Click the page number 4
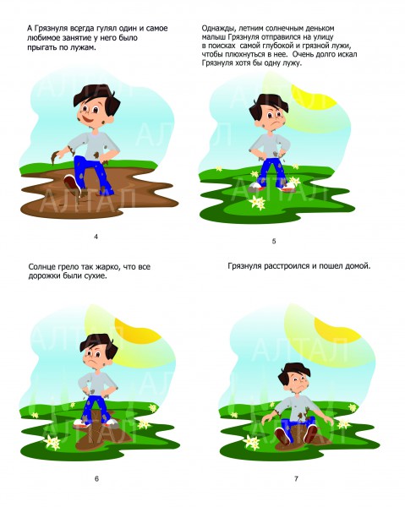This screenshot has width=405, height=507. click(x=96, y=237)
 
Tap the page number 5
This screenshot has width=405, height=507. click(x=274, y=241)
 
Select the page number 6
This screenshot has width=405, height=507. click(x=96, y=479)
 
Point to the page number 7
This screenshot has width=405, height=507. click(x=296, y=479)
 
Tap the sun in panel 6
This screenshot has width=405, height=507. click(x=139, y=330)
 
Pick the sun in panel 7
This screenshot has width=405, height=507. click(x=337, y=330)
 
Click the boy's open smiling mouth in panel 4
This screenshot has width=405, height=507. click(x=88, y=119)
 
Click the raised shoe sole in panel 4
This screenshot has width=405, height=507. click(x=70, y=183)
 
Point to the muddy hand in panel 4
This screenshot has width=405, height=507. click(x=56, y=156)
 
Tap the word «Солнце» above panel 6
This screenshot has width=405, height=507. click(x=41, y=267)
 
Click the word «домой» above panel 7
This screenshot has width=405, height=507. click(x=359, y=266)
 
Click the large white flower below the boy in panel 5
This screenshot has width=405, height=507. click(x=257, y=202)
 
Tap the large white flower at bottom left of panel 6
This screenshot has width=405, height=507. click(x=52, y=442)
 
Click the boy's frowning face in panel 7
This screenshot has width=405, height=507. click(x=296, y=383)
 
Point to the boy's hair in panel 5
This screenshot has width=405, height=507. click(x=269, y=103)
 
